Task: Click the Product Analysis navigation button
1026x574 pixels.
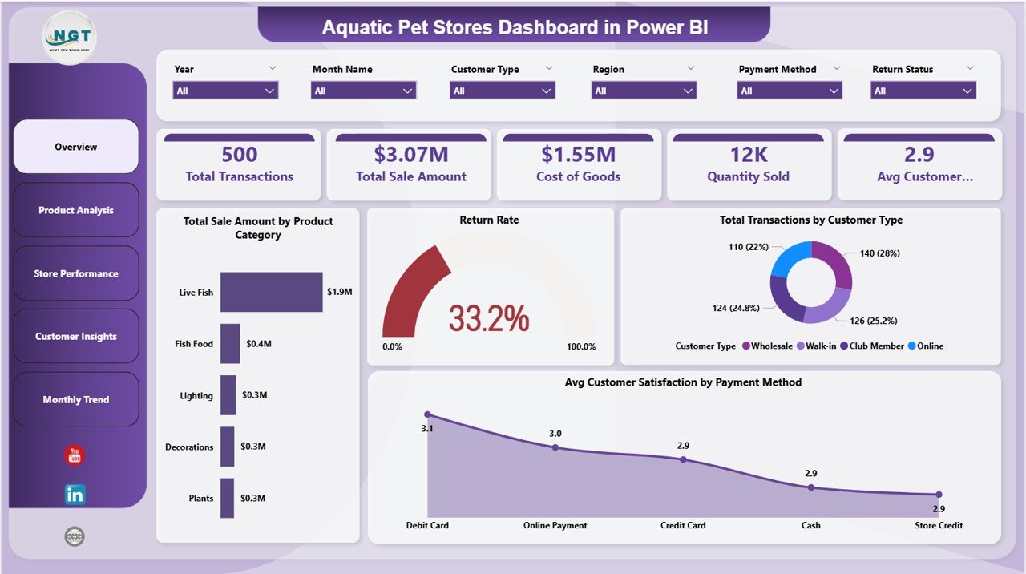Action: pyautogui.click(x=76, y=210)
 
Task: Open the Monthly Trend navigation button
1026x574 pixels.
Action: pyautogui.click(x=76, y=399)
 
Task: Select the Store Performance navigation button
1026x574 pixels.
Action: pyautogui.click(x=76, y=273)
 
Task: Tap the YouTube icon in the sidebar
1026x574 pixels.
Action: pyautogui.click(x=75, y=455)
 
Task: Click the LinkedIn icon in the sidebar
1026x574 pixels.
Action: pyautogui.click(x=75, y=495)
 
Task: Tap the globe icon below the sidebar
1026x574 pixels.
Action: pyautogui.click(x=75, y=536)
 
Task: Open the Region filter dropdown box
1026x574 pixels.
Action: pyautogui.click(x=644, y=91)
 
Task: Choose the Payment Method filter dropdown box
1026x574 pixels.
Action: pyautogui.click(x=790, y=91)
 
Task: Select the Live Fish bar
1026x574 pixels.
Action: pyautogui.click(x=271, y=292)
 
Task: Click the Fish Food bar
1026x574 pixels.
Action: pyautogui.click(x=230, y=343)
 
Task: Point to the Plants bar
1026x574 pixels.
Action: pyautogui.click(x=227, y=498)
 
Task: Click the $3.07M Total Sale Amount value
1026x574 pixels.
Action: pyautogui.click(x=410, y=154)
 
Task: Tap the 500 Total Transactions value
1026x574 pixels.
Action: pyautogui.click(x=239, y=154)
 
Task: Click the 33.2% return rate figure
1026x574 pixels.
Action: pyautogui.click(x=489, y=318)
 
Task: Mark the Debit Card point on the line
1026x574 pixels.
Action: pyautogui.click(x=427, y=414)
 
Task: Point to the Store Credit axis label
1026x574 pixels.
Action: pyautogui.click(x=938, y=526)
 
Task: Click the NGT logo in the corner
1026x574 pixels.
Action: pyautogui.click(x=71, y=36)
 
